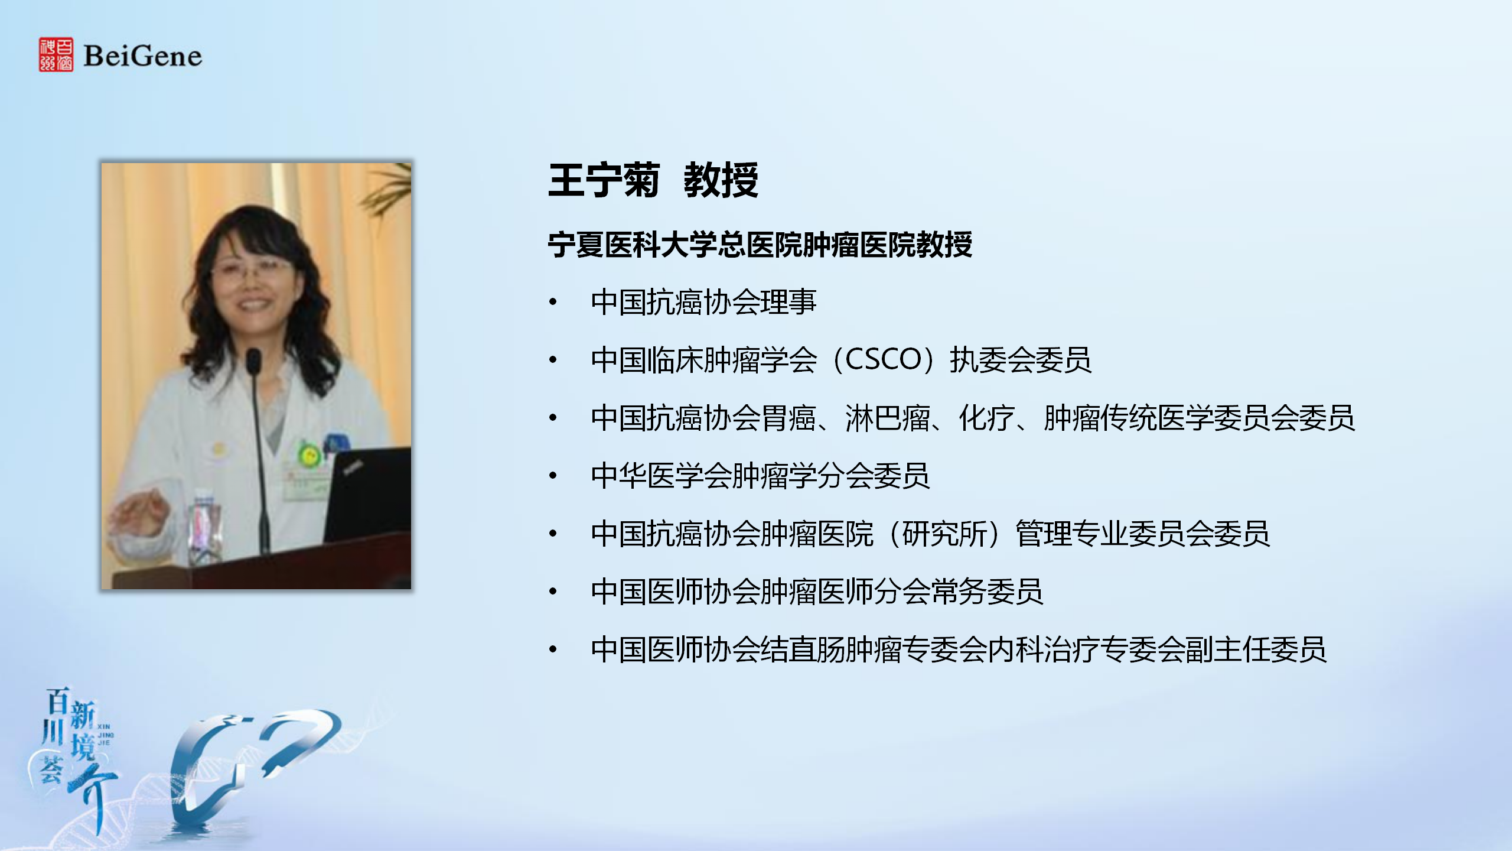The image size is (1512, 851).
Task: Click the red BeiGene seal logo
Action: tap(56, 54)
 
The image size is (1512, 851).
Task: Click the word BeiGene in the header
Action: tap(143, 56)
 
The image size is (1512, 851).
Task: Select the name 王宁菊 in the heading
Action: tap(604, 180)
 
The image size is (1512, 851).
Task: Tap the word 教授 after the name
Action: tap(721, 180)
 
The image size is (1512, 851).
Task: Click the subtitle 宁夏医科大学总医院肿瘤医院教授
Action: tap(760, 245)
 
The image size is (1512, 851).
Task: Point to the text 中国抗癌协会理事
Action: tap(703, 302)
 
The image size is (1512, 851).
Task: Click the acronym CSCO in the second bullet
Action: tap(884, 359)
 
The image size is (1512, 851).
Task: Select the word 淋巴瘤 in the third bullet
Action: tap(888, 418)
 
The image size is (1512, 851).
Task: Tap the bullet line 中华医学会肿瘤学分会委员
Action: tap(760, 476)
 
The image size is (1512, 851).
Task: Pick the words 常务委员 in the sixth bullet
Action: tap(987, 592)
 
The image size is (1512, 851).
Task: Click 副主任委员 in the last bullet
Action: tap(1256, 649)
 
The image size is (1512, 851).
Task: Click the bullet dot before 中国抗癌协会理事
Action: tap(553, 302)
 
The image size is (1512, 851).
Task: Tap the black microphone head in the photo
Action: tap(253, 361)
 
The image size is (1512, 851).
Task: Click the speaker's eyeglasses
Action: tap(251, 270)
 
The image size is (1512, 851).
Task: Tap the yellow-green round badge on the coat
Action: tap(308, 454)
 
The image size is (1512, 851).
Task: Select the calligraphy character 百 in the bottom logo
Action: tap(58, 701)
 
